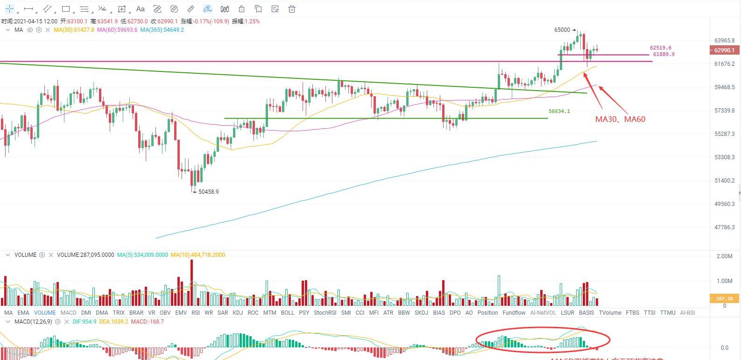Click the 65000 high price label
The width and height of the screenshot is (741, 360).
point(562,30)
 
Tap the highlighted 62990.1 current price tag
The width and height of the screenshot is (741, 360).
point(724,50)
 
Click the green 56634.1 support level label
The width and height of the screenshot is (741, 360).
point(559,111)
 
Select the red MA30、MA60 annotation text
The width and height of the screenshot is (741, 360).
point(620,119)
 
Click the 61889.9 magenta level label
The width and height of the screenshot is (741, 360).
point(663,54)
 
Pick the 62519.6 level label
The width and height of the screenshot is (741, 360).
point(660,48)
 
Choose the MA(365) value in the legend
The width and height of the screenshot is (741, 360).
point(162,30)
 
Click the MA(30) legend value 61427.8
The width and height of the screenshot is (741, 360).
point(74,30)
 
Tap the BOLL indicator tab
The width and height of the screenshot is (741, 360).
point(288,313)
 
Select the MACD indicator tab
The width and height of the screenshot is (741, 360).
point(68,313)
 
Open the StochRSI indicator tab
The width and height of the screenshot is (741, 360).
point(325,313)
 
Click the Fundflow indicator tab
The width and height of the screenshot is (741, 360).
point(514,313)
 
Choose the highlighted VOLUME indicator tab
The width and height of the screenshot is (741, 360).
point(45,313)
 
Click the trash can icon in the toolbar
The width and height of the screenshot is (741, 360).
point(292,9)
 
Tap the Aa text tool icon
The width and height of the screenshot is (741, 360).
point(140,9)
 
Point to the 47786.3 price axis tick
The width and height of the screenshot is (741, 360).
point(724,227)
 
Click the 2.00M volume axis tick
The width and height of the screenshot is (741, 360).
point(724,256)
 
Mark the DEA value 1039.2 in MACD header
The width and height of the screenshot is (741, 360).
point(113,322)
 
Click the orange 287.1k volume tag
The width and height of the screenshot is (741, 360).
point(724,298)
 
